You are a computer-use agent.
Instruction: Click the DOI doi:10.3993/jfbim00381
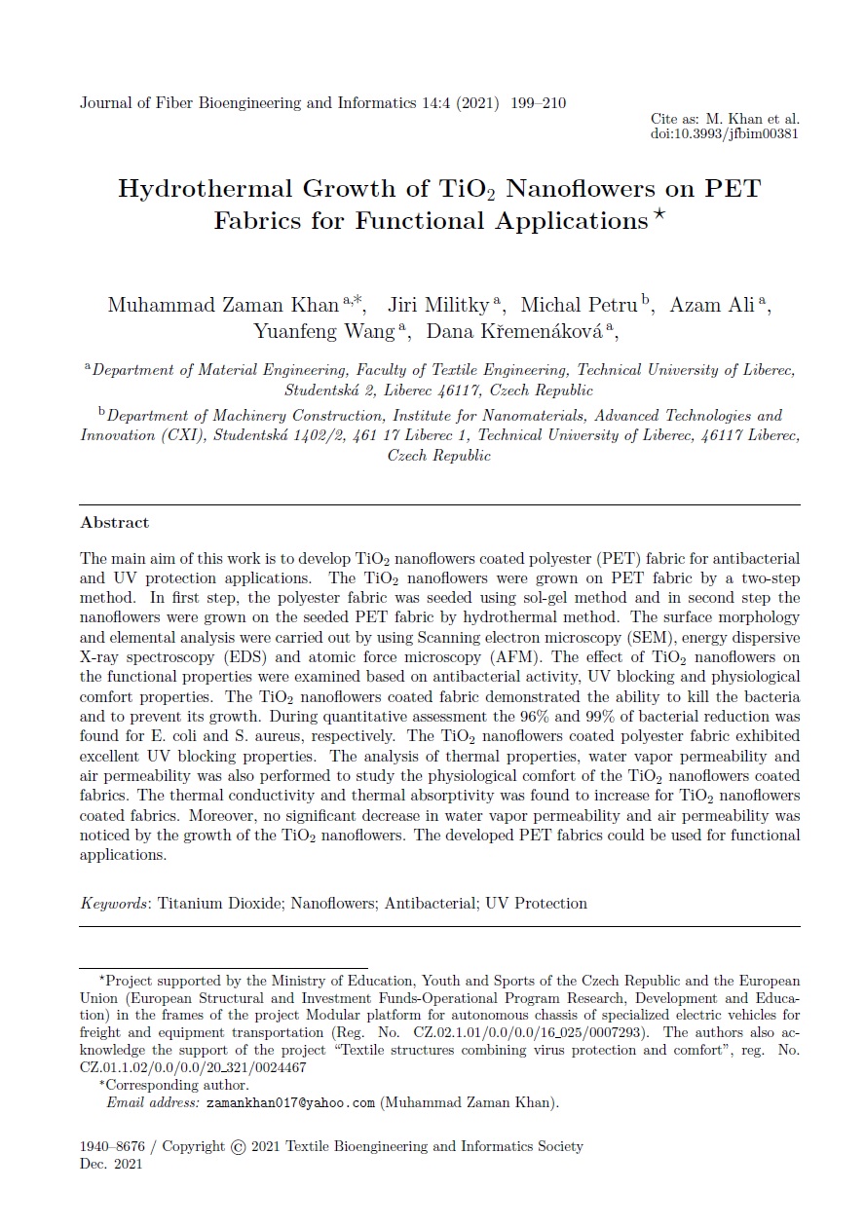click(x=724, y=133)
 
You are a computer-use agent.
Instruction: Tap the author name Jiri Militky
click(x=437, y=305)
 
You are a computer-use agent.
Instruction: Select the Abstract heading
click(x=115, y=523)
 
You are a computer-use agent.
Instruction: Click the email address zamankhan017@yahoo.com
click(x=291, y=1103)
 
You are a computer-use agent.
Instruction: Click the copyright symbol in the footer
click(x=239, y=1147)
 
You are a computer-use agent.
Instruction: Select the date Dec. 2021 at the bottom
click(x=111, y=1165)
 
